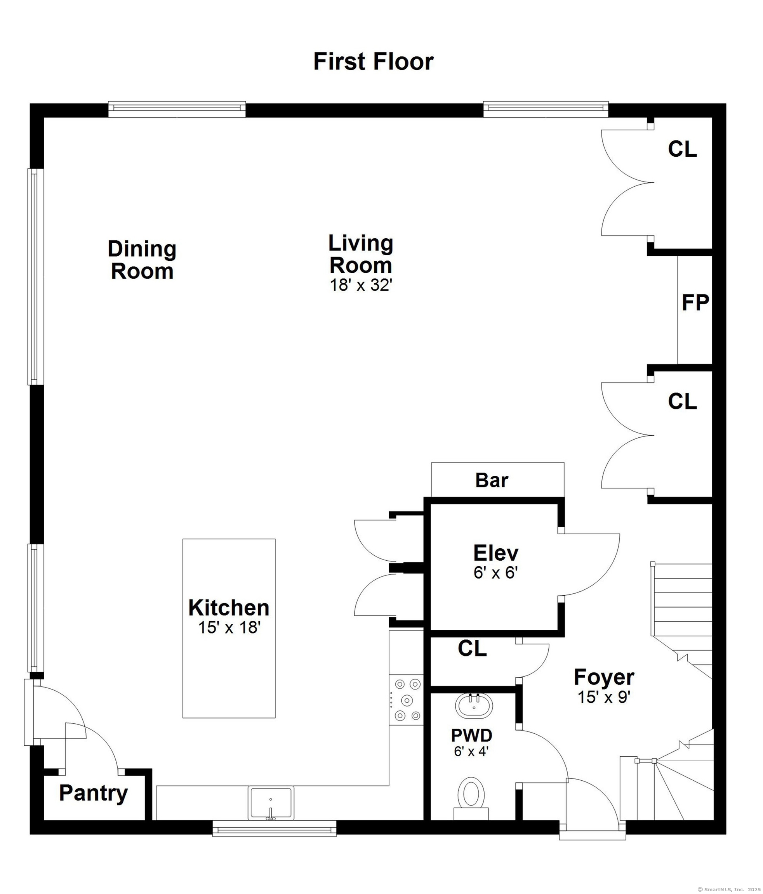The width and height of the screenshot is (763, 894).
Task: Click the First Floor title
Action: (x=373, y=61)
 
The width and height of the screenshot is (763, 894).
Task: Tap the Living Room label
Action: (x=361, y=254)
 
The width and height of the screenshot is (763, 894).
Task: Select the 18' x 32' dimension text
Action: (x=361, y=285)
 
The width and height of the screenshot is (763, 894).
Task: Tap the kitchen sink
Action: (x=271, y=802)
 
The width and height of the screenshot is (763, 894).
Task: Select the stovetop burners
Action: (x=406, y=700)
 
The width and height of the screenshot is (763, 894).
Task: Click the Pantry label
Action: (x=94, y=793)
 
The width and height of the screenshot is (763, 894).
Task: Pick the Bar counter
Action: (x=497, y=480)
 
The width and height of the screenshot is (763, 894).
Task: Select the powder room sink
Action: (x=474, y=706)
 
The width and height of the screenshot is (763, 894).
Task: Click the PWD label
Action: (x=471, y=735)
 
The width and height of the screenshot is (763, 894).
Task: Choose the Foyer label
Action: (x=604, y=677)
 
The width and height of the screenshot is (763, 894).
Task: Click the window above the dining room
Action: (x=177, y=109)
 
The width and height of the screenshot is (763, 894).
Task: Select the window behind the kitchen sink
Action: (x=274, y=829)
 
